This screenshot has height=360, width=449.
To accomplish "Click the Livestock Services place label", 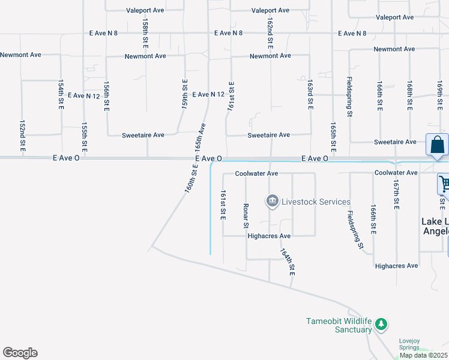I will (x=316, y=202).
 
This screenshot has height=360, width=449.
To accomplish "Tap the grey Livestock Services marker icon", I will (x=272, y=200).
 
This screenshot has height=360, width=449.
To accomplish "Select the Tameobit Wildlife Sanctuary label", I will (x=339, y=325).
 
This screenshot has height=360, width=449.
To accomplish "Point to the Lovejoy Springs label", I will (x=414, y=344).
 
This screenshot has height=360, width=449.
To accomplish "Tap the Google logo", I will (x=20, y=353).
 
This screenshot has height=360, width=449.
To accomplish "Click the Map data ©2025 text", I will (x=424, y=355).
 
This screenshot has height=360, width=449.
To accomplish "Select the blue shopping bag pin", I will (x=438, y=146).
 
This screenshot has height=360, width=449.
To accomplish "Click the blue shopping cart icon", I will (x=445, y=184).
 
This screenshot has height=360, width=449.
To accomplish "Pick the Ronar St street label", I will (x=246, y=215).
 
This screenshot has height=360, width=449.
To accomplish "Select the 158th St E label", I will (x=145, y=33).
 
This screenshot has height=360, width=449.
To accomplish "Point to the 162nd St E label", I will (x=271, y=33).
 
